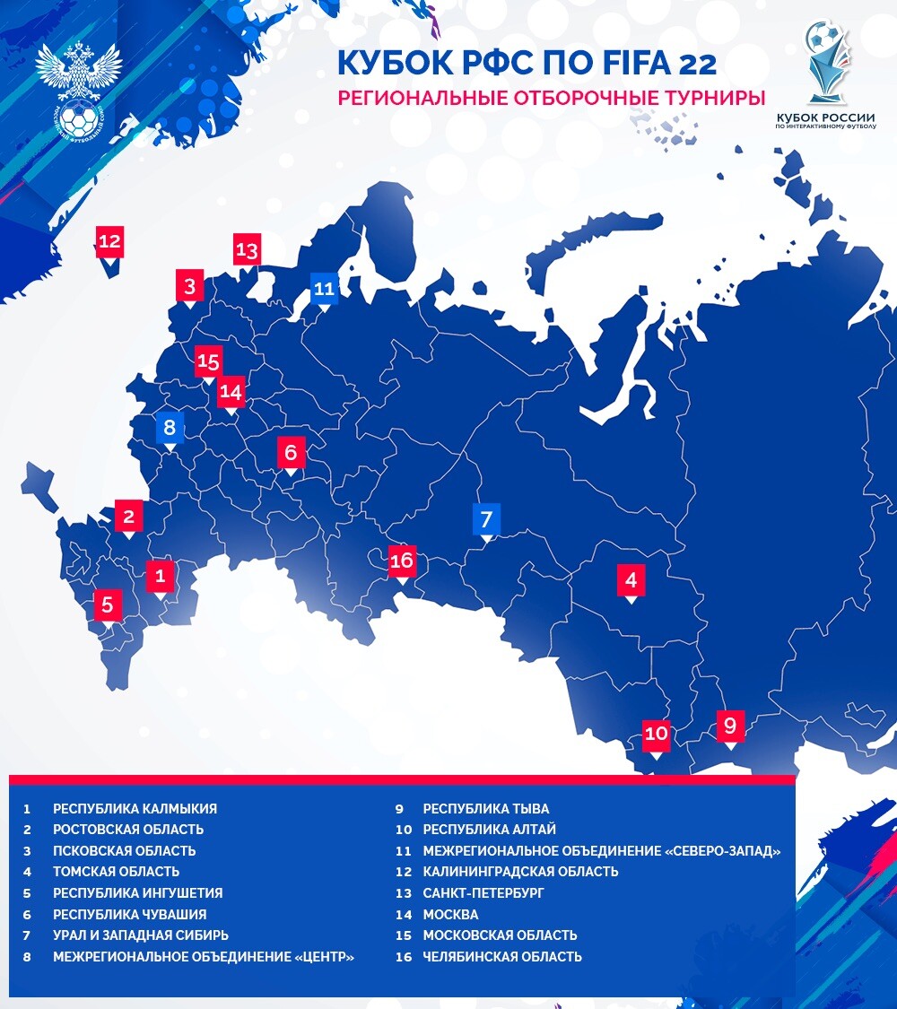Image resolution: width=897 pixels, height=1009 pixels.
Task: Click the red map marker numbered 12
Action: [109, 241]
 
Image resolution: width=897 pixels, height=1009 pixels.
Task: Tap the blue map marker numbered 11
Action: [324, 289]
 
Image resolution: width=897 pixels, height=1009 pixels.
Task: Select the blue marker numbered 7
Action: [486, 518]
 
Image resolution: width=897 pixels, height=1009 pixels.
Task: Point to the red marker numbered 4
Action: [631, 579]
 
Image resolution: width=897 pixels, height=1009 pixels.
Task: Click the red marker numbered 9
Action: [730, 724]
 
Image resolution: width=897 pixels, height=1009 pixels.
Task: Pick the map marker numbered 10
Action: [657, 734]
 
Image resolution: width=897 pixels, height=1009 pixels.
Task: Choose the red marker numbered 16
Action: [402, 561]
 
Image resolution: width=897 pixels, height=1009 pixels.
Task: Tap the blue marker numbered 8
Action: [169, 427]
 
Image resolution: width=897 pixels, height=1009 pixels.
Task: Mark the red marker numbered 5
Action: [108, 605]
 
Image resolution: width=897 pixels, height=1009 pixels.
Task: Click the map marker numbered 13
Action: [247, 249]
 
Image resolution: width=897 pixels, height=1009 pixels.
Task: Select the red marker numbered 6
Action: [291, 453]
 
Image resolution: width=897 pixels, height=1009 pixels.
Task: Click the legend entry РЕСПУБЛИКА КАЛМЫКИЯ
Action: [135, 809]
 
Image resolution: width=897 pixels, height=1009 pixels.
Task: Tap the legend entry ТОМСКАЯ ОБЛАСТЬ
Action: [116, 871]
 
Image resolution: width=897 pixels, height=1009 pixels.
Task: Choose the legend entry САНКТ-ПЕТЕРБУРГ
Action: [483, 893]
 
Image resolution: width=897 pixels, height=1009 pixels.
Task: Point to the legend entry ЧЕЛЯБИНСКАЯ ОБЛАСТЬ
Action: [501, 956]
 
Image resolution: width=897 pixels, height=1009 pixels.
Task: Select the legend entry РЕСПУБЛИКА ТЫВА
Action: [485, 809]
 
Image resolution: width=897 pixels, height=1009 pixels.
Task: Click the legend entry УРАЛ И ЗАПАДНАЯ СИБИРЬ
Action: [141, 935]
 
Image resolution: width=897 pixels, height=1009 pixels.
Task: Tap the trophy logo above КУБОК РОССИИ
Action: [826, 63]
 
